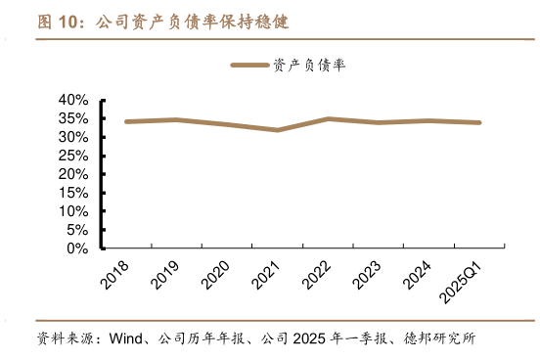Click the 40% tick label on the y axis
click(x=74, y=100)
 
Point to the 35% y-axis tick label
click(x=74, y=118)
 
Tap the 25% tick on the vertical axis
click(x=74, y=156)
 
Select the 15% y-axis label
click(x=74, y=193)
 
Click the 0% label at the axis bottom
click(x=79, y=248)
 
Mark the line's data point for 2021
click(x=278, y=130)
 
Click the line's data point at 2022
click(x=329, y=118)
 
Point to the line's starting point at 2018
click(x=126, y=121)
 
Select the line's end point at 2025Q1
click(x=479, y=122)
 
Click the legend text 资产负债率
click(x=309, y=65)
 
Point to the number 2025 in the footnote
click(x=306, y=339)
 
